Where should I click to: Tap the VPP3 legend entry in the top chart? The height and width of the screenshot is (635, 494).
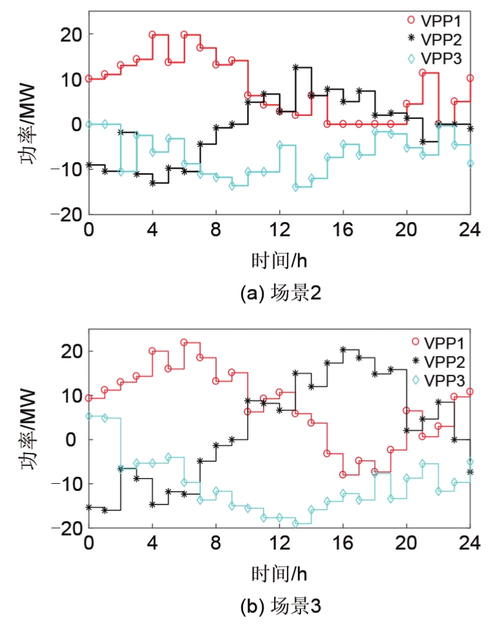coord(435,59)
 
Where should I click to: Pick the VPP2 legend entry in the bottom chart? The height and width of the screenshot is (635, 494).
coord(437,361)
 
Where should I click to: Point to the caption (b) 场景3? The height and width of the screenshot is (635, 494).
coord(280,607)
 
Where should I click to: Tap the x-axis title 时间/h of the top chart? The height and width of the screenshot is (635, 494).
coord(279,260)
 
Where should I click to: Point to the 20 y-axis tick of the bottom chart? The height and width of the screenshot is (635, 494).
coord(73,352)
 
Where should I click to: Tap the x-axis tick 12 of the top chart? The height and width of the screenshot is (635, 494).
coord(279,230)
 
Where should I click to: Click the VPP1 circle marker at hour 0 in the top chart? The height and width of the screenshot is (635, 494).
coord(89,79)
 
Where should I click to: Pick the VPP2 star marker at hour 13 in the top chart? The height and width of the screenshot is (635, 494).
coord(295,68)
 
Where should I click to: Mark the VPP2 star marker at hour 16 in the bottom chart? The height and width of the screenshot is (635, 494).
coord(343,350)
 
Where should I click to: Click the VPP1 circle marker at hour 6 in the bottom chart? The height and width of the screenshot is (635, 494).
coord(184,342)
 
